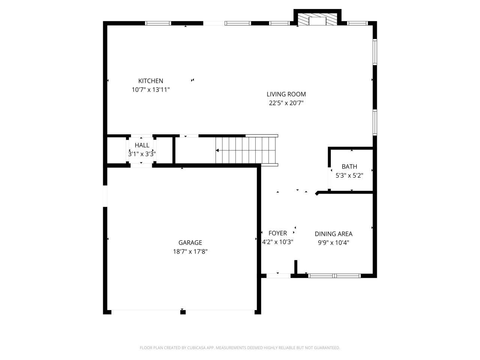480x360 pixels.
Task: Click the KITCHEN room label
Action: point(150,81)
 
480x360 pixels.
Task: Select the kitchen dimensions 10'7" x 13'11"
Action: point(150,90)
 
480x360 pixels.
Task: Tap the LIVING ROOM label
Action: point(286,94)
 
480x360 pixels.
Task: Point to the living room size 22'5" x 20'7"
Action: point(286,103)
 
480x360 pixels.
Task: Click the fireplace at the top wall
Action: point(317,20)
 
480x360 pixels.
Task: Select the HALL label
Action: point(142,145)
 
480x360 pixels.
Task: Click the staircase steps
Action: point(246,150)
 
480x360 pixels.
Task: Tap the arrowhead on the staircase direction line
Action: point(217,150)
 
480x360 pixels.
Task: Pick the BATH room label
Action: point(349,166)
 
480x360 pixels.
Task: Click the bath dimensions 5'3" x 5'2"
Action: point(349,175)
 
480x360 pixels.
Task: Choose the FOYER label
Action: point(277,233)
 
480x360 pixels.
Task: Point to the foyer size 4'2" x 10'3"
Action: point(277,242)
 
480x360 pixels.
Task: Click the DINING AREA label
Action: point(333,234)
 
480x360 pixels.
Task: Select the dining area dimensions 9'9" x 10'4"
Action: point(333,243)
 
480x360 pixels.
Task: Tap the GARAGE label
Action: point(190,243)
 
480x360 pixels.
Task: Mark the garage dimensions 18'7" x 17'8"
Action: point(190,252)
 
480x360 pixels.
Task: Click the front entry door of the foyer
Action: point(278,276)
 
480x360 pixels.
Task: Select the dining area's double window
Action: point(334,276)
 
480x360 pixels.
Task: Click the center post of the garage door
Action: point(183,312)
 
